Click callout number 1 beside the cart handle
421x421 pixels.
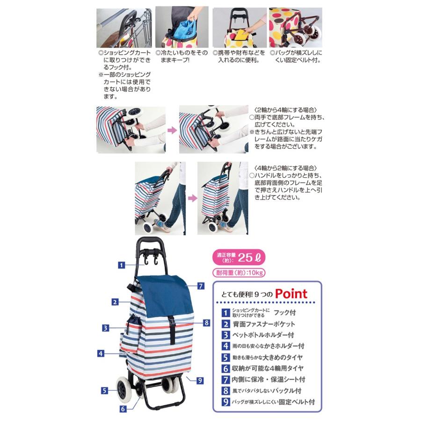(x=121, y=265)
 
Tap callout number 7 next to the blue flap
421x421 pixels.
(x=200, y=285)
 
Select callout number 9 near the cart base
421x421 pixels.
(x=200, y=380)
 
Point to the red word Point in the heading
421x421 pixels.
(x=291, y=294)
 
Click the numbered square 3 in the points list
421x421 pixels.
(x=226, y=335)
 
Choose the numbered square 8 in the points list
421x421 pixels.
(x=226, y=391)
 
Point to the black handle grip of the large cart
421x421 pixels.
(x=150, y=244)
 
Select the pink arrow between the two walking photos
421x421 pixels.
(x=191, y=198)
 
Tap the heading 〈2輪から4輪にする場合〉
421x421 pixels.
(x=282, y=109)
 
